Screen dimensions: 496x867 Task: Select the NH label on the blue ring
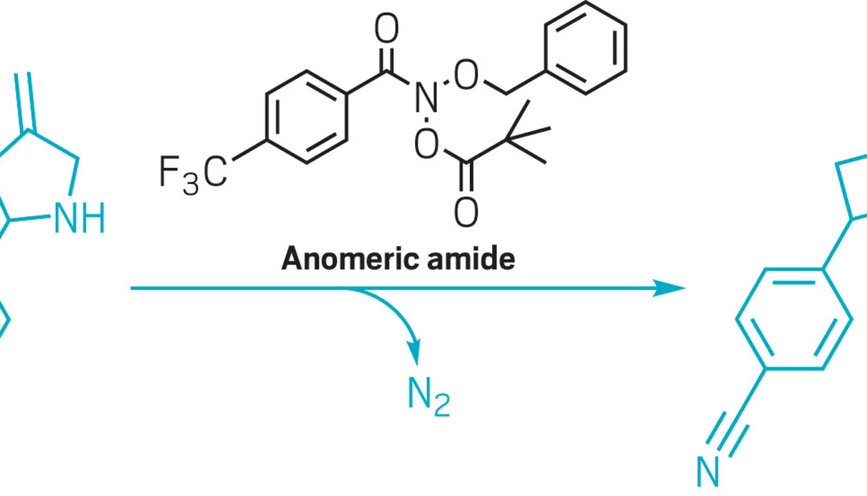[x=80, y=218]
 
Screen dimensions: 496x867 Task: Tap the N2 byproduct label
[x=428, y=396]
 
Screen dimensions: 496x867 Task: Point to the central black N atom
[x=426, y=99]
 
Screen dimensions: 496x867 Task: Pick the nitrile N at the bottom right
[x=708, y=473]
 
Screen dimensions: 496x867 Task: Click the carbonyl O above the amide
[x=387, y=29]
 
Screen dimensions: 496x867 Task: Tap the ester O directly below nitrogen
[x=427, y=144]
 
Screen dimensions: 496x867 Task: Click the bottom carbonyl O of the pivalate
[x=466, y=212]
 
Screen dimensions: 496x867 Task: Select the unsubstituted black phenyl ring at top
[x=586, y=46]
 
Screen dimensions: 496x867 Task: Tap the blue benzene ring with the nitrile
[x=794, y=319]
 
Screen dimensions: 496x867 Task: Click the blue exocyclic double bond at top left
[x=23, y=101]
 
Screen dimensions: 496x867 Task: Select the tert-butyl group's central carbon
[x=506, y=139]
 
